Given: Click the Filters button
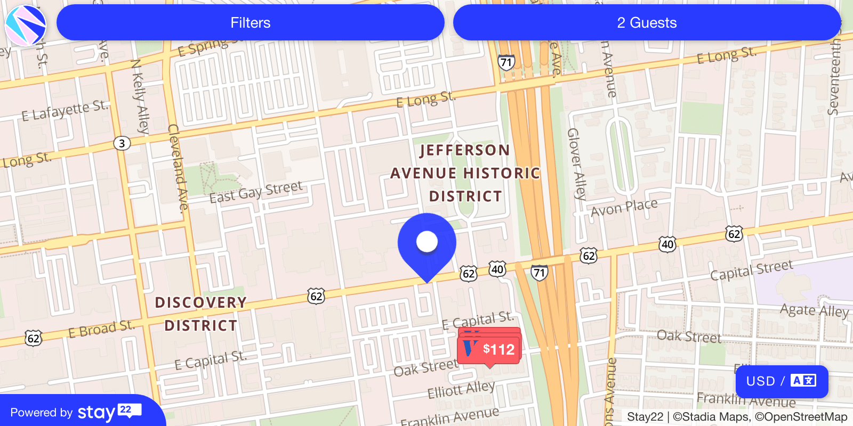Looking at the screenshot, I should tap(250, 23).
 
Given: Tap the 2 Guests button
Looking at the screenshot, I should tap(647, 23).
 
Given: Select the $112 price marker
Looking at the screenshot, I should tap(489, 349).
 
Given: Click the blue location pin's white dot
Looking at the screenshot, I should tap(427, 242).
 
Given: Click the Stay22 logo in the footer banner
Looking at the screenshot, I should tap(109, 412).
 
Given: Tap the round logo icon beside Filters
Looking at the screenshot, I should tap(25, 25).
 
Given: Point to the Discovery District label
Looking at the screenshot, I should tap(201, 314).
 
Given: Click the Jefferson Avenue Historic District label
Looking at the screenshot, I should tap(465, 173).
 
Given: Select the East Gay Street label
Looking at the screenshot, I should tap(256, 192).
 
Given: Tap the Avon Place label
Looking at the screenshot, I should tap(624, 208).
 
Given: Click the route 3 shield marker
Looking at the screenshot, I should tap(122, 143).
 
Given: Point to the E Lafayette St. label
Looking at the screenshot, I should tap(65, 111).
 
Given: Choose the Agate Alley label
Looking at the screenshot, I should tap(814, 310).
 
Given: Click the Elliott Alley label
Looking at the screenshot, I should tap(461, 389).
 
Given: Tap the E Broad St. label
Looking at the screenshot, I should tap(101, 329).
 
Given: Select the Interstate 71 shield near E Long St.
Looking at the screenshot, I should tap(506, 62).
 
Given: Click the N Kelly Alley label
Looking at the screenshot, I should tap(140, 96).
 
